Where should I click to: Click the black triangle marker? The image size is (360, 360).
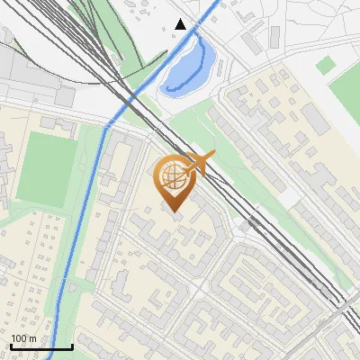(181, 24)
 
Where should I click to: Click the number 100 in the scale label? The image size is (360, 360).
(19, 338)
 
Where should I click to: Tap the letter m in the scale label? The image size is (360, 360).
(33, 338)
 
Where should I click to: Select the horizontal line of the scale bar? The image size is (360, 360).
(40, 347)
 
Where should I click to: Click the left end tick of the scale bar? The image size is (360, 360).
(10, 346)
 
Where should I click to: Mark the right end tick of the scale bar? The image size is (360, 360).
(72, 346)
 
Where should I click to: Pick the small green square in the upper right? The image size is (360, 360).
(326, 65)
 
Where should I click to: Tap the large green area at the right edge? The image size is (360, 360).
(347, 99)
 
